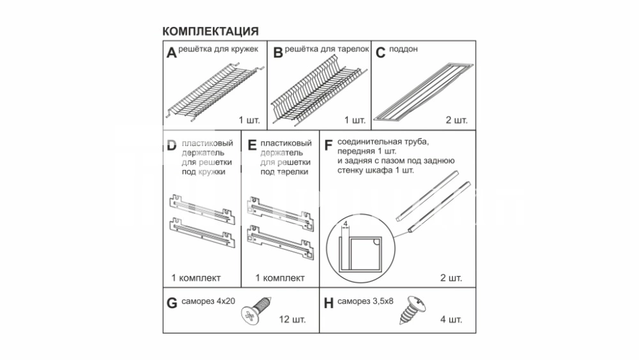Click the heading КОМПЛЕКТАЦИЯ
(x=210, y=31)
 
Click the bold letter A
(x=171, y=53)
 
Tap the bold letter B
(x=278, y=53)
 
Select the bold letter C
(x=380, y=53)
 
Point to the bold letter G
(x=172, y=303)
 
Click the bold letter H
(x=328, y=303)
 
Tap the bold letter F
(x=328, y=145)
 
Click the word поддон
(x=403, y=49)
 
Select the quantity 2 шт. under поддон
(x=456, y=120)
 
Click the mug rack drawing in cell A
(x=214, y=91)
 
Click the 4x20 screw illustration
(x=256, y=311)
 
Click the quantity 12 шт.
(x=292, y=319)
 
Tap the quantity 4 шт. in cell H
(x=450, y=319)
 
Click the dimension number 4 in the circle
(x=346, y=224)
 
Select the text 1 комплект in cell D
(x=196, y=278)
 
